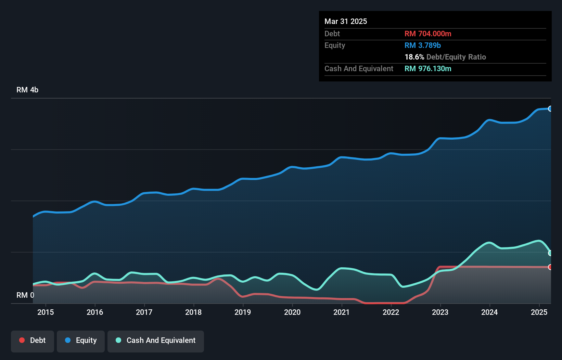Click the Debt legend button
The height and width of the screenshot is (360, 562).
click(33, 340)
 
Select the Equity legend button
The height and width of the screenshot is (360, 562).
click(81, 340)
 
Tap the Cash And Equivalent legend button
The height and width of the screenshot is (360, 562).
click(156, 340)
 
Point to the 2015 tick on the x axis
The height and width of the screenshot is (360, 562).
click(46, 312)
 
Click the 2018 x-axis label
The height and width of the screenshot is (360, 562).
click(193, 312)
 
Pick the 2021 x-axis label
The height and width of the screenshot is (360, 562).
click(342, 312)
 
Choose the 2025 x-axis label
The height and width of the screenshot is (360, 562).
click(539, 312)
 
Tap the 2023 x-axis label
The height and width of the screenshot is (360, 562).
click(440, 312)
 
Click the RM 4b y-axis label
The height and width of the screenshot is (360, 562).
click(27, 90)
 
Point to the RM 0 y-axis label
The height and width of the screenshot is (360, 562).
click(25, 295)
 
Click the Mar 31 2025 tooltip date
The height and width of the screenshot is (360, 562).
click(346, 21)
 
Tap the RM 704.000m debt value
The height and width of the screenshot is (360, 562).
click(428, 34)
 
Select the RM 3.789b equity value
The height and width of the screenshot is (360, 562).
click(423, 45)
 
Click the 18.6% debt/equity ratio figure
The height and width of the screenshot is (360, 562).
click(414, 57)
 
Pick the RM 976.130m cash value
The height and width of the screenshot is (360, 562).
click(428, 68)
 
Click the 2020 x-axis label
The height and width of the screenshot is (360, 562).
click(292, 312)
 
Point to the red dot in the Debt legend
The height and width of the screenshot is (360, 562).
click(22, 340)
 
